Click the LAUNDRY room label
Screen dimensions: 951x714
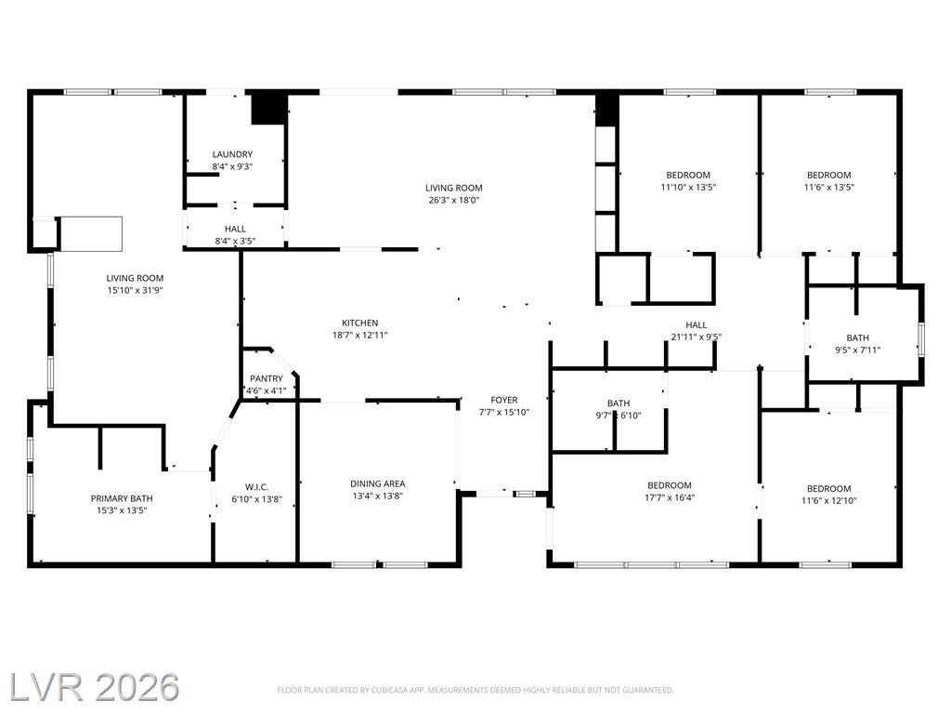click(x=232, y=154)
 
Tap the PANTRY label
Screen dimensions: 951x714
click(x=267, y=378)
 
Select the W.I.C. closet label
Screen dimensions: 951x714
click(x=256, y=487)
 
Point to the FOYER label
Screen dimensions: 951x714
click(x=504, y=400)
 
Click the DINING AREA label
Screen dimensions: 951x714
click(x=377, y=483)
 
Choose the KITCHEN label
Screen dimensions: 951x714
click(x=359, y=323)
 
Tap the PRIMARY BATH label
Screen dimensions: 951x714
click(x=122, y=498)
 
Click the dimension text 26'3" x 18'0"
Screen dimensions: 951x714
click(x=453, y=200)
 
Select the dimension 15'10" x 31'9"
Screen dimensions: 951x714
click(x=135, y=290)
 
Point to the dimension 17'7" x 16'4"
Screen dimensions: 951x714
click(x=669, y=497)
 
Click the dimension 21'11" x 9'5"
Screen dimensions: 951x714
click(x=696, y=337)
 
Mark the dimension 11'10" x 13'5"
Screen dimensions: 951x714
click(x=688, y=187)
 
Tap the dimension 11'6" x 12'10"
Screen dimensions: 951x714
click(x=828, y=500)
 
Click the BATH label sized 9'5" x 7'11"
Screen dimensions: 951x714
click(x=857, y=337)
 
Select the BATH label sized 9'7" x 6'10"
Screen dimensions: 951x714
click(x=618, y=403)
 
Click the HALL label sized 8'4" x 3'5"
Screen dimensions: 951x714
click(x=235, y=229)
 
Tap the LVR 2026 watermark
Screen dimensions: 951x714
click(x=94, y=687)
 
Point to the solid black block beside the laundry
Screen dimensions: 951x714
click(x=268, y=109)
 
